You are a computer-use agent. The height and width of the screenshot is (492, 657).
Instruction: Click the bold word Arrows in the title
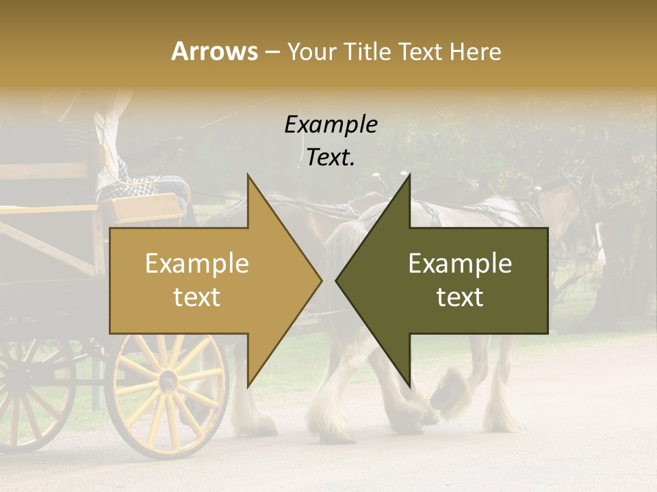coord(214,51)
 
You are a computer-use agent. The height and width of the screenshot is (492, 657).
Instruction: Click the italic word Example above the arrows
coord(331,125)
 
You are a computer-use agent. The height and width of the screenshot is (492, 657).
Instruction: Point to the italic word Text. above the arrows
coord(331,158)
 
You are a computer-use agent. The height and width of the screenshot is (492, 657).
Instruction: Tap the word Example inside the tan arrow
coord(197,264)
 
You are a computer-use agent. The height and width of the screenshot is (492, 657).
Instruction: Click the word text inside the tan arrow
coord(197,297)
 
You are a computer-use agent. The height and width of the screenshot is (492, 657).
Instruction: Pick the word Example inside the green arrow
coord(460,264)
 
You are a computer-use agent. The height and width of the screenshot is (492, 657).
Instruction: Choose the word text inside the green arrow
coord(460,297)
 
